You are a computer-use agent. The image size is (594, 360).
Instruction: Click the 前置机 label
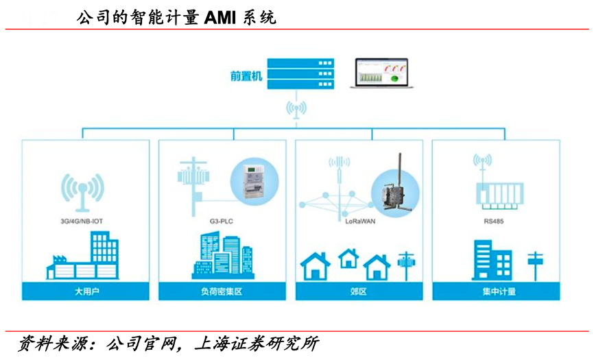coord(246,76)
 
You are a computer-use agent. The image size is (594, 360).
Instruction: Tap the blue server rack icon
coord(300,73)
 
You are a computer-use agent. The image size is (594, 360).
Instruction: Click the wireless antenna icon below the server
coord(297,110)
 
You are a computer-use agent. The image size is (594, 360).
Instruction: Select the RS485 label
coord(492,222)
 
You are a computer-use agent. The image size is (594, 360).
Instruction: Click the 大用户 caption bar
coord(86,291)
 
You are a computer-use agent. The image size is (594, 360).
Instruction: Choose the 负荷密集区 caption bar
coord(222,291)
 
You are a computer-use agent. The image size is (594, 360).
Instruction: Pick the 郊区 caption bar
coord(359,291)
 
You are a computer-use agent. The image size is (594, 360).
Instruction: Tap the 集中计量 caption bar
coord(496,291)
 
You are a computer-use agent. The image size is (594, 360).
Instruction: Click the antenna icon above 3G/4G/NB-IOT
coord(82,191)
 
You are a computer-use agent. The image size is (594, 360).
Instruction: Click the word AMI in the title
coord(219,18)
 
